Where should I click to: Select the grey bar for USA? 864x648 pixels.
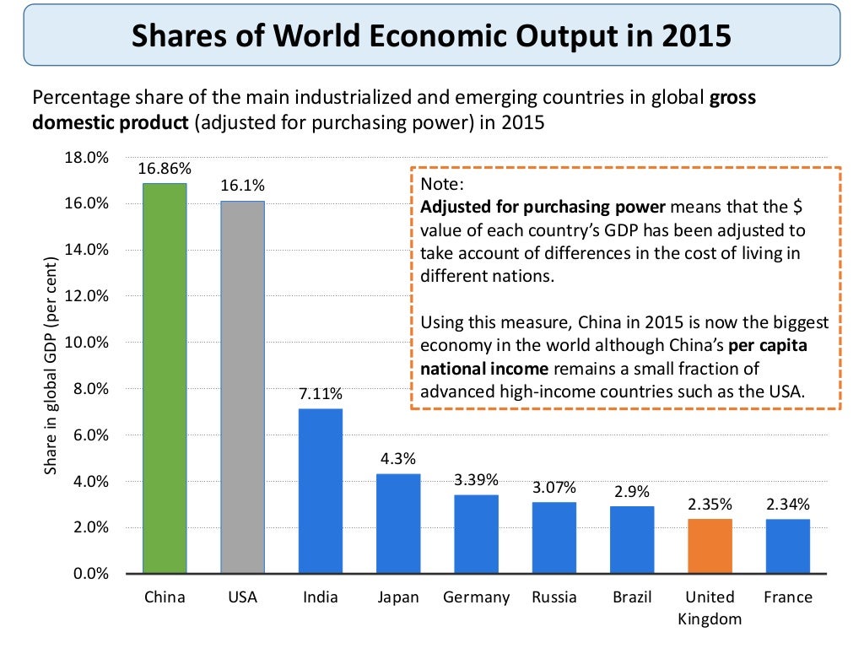242,387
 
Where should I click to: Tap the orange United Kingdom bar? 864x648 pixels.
710,546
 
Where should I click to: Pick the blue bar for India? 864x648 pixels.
321,491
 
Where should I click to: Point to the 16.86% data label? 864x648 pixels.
165,169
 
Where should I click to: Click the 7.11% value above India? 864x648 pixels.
321,394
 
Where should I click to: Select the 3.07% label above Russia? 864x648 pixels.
554,488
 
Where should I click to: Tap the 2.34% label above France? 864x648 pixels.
788,505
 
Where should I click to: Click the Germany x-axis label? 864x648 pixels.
477,597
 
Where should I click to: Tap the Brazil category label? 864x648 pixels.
632,597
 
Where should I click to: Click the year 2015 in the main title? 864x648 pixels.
688,36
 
